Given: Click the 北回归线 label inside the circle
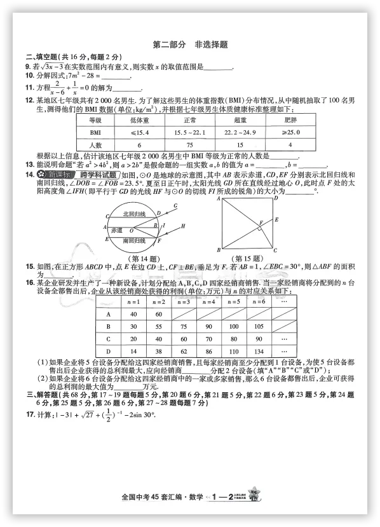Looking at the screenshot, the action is (134, 214).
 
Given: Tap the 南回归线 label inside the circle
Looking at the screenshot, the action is (134, 241).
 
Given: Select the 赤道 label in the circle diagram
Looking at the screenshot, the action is (116, 229).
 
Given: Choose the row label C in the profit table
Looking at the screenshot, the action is (109, 339).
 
